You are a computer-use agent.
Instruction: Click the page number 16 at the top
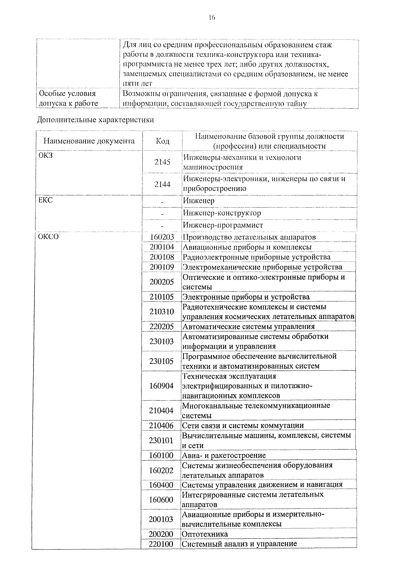212,18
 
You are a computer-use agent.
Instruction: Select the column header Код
162,141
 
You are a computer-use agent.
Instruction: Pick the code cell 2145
162,162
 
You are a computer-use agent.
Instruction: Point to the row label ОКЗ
46,155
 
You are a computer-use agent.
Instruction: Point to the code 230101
161,440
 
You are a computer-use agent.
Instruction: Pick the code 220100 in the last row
161,544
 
